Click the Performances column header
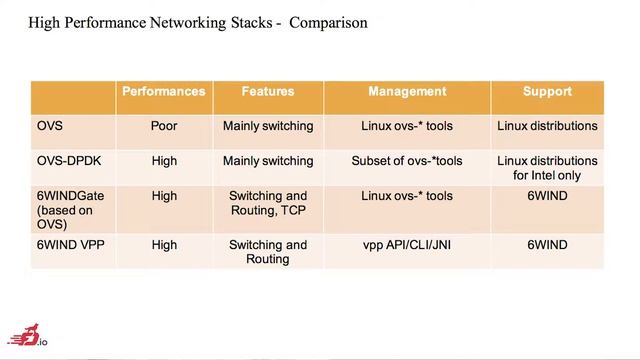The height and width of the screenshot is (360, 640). coord(164,91)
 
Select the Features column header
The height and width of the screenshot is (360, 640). coord(268,91)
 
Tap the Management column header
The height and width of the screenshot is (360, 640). coord(407,91)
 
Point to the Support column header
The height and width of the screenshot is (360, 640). coord(547,91)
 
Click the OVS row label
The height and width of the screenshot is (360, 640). coord(50,126)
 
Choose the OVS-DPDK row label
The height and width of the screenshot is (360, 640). coord(69,161)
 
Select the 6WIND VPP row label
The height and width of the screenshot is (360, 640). coord(71,245)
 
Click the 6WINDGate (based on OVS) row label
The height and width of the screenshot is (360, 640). coord(70,210)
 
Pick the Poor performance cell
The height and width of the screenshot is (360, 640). coord(164,126)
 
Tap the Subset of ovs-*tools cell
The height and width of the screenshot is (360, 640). coord(407,161)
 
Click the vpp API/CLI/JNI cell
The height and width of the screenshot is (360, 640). coord(407,245)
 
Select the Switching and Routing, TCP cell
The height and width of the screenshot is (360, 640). coord(268,203)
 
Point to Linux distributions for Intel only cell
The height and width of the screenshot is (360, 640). coord(547,168)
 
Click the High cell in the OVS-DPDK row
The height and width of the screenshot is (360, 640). coord(164,161)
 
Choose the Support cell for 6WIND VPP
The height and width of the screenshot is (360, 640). coord(547,245)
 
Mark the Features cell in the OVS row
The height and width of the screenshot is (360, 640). coord(268,126)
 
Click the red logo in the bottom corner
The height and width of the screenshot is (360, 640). coord(27,336)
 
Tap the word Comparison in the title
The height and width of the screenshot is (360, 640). coord(328,22)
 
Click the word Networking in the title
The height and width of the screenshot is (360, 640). coord(187,23)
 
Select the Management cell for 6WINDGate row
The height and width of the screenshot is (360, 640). coord(407,196)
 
